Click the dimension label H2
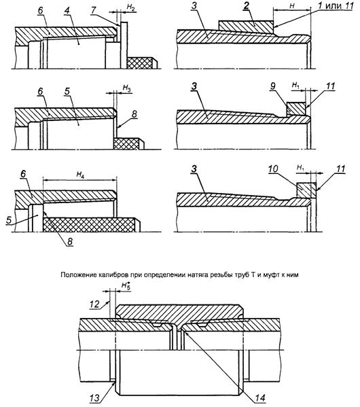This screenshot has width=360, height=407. coord(130,7)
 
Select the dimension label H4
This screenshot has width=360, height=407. coord(80,175)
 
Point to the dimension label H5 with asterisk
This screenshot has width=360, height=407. coord(126,285)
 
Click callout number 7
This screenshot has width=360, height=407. coord(94,10)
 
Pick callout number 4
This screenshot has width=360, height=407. coord(67,12)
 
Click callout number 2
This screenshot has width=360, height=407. coord(246,5)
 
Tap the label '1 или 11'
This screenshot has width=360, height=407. coord(336,5)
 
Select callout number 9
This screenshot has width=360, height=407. coord(272,86)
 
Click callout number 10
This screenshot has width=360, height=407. coord(272,169)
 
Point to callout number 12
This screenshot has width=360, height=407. coord(94,304)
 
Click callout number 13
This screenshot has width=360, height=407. coord(94,397)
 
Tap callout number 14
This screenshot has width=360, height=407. coord(260,397)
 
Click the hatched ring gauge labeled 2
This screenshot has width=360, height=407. coord(246,27)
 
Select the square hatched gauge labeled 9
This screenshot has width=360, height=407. coord(296,109)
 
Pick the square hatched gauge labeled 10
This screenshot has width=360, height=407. coord(306,190)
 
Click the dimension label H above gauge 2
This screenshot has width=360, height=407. coord(292,6)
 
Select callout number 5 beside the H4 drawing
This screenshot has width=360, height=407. coord(9,220)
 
